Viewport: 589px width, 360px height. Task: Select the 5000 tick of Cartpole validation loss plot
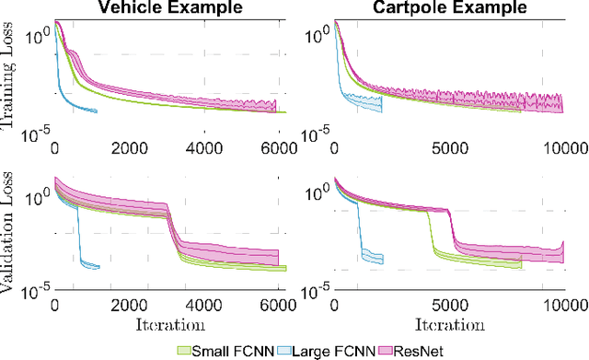[448, 305]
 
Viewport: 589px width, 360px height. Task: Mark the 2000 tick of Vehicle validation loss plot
[132, 305]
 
